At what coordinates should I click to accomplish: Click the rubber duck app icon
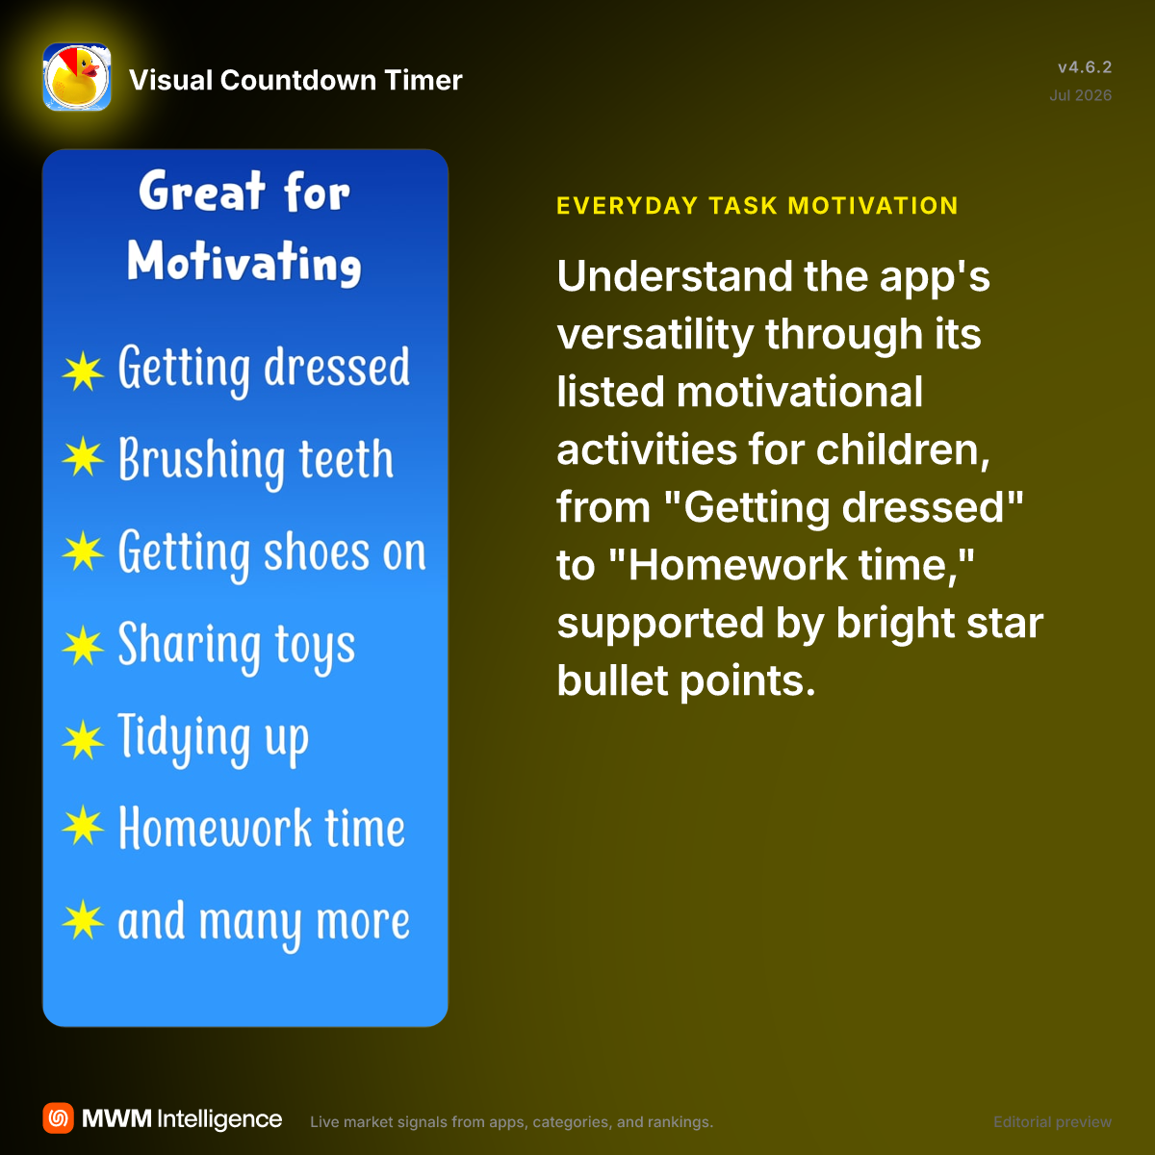pos(77,77)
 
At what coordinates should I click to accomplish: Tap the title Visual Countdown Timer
pos(295,80)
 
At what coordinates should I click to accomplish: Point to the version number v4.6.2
pos(1085,67)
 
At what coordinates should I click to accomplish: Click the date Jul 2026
pos(1080,95)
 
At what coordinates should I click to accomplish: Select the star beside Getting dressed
pos(83,372)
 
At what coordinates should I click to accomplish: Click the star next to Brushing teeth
pos(83,457)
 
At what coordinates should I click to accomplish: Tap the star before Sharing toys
pos(83,646)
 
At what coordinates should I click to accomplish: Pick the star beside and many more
pos(83,920)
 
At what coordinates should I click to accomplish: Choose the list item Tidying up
pos(214,738)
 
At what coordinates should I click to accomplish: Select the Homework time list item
pos(262,829)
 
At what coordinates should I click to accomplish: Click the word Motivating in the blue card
pos(244,263)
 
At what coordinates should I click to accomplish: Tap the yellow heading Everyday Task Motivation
pos(757,206)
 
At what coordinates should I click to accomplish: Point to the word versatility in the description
pos(655,334)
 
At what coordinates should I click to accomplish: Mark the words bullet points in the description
pos(685,680)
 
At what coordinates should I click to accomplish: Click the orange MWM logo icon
pos(58,1118)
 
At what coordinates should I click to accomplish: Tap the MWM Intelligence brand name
pos(182,1119)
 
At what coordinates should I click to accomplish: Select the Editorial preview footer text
pos(1053,1122)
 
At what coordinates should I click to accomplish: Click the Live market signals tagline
pos(511,1122)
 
